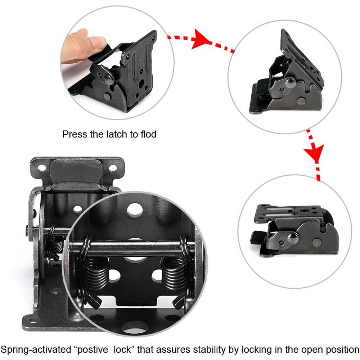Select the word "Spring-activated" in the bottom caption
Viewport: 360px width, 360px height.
36,350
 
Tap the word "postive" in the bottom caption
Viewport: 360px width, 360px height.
92,350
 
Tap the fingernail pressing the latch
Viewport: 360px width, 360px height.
97,42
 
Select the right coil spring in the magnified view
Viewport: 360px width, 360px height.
175,272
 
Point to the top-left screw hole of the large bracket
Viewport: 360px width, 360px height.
42,168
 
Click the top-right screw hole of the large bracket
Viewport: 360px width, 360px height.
113,168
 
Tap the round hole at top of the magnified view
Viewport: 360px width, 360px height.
135,210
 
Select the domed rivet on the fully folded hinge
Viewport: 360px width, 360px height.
293,238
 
